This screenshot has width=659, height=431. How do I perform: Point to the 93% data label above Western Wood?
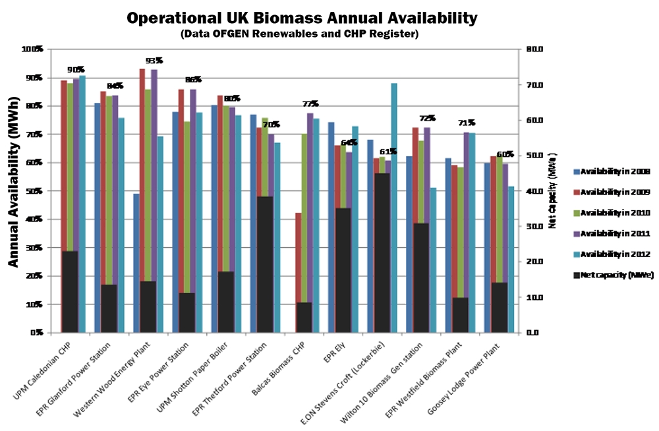pyautogui.click(x=154, y=61)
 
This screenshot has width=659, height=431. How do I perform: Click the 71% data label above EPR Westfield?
pyautogui.click(x=467, y=123)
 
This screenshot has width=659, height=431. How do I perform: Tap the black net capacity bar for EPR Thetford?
pyautogui.click(x=265, y=264)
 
